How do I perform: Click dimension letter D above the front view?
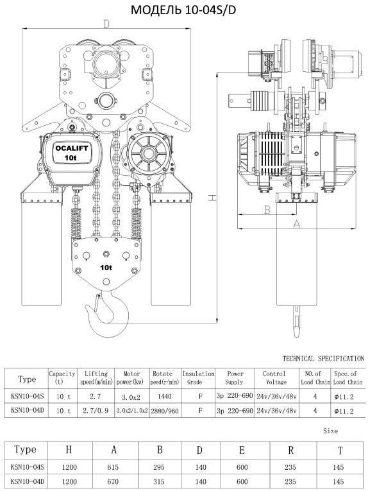(106, 24)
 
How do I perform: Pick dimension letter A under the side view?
(296, 224)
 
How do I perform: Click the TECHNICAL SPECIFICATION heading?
(323, 357)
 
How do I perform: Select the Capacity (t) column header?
(62, 377)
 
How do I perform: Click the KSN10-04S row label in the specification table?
(25, 396)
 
